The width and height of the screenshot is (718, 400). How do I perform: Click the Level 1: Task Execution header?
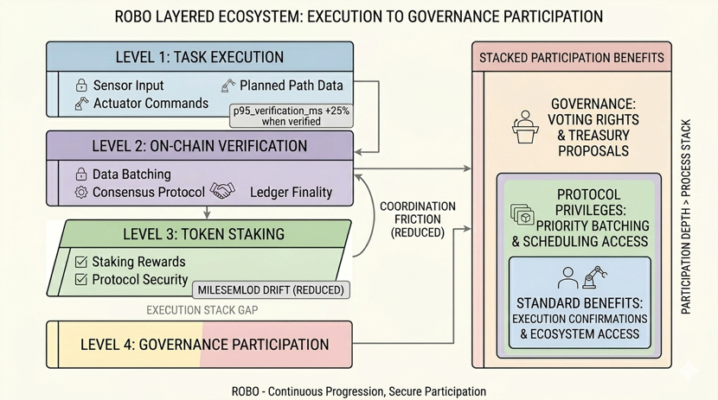[199, 58]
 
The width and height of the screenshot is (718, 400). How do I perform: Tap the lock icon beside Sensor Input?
[81, 86]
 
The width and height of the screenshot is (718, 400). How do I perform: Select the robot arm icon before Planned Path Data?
[228, 86]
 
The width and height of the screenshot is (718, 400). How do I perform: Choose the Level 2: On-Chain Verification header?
[199, 146]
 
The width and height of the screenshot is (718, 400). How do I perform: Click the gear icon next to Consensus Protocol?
[81, 192]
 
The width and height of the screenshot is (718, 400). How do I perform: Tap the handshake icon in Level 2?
[222, 191]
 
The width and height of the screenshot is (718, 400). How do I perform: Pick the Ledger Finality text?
[291, 192]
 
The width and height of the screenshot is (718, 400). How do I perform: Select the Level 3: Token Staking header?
[203, 234]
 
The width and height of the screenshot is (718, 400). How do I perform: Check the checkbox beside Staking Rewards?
[81, 262]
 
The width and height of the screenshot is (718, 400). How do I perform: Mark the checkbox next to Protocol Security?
[81, 280]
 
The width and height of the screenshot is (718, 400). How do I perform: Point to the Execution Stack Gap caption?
[202, 309]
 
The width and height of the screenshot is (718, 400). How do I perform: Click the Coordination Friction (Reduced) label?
[417, 219]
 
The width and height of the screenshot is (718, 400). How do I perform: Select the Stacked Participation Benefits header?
[572, 58]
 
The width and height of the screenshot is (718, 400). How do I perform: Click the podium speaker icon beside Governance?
[526, 126]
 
